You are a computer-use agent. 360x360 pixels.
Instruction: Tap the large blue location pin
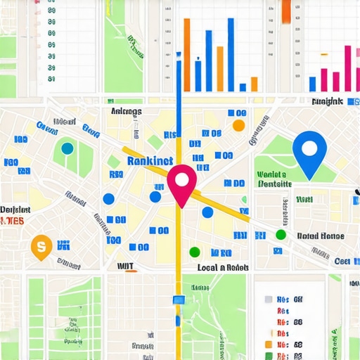(x=309, y=152)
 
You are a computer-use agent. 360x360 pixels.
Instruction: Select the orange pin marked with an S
(x=41, y=246)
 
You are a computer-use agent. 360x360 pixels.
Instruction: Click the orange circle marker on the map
(x=238, y=125)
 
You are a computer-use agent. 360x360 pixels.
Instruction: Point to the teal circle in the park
(x=67, y=148)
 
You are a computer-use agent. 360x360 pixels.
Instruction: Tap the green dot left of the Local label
(x=195, y=252)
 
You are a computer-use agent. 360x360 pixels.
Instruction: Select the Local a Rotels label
(x=222, y=268)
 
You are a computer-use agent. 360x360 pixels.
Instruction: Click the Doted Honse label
(x=321, y=236)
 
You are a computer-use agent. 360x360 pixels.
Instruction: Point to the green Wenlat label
(x=272, y=174)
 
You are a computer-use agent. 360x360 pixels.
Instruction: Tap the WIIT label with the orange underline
(x=126, y=266)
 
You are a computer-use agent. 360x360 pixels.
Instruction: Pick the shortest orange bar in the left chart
(x=252, y=83)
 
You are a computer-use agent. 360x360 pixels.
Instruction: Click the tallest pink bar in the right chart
(x=347, y=67)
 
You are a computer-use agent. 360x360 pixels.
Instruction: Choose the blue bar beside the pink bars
(x=313, y=84)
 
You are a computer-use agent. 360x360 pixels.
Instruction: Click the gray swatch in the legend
(x=267, y=300)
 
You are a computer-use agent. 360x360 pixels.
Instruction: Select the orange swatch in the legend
(x=267, y=345)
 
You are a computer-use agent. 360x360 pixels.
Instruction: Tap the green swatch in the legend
(x=267, y=356)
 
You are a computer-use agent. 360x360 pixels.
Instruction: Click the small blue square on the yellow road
(x=178, y=300)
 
